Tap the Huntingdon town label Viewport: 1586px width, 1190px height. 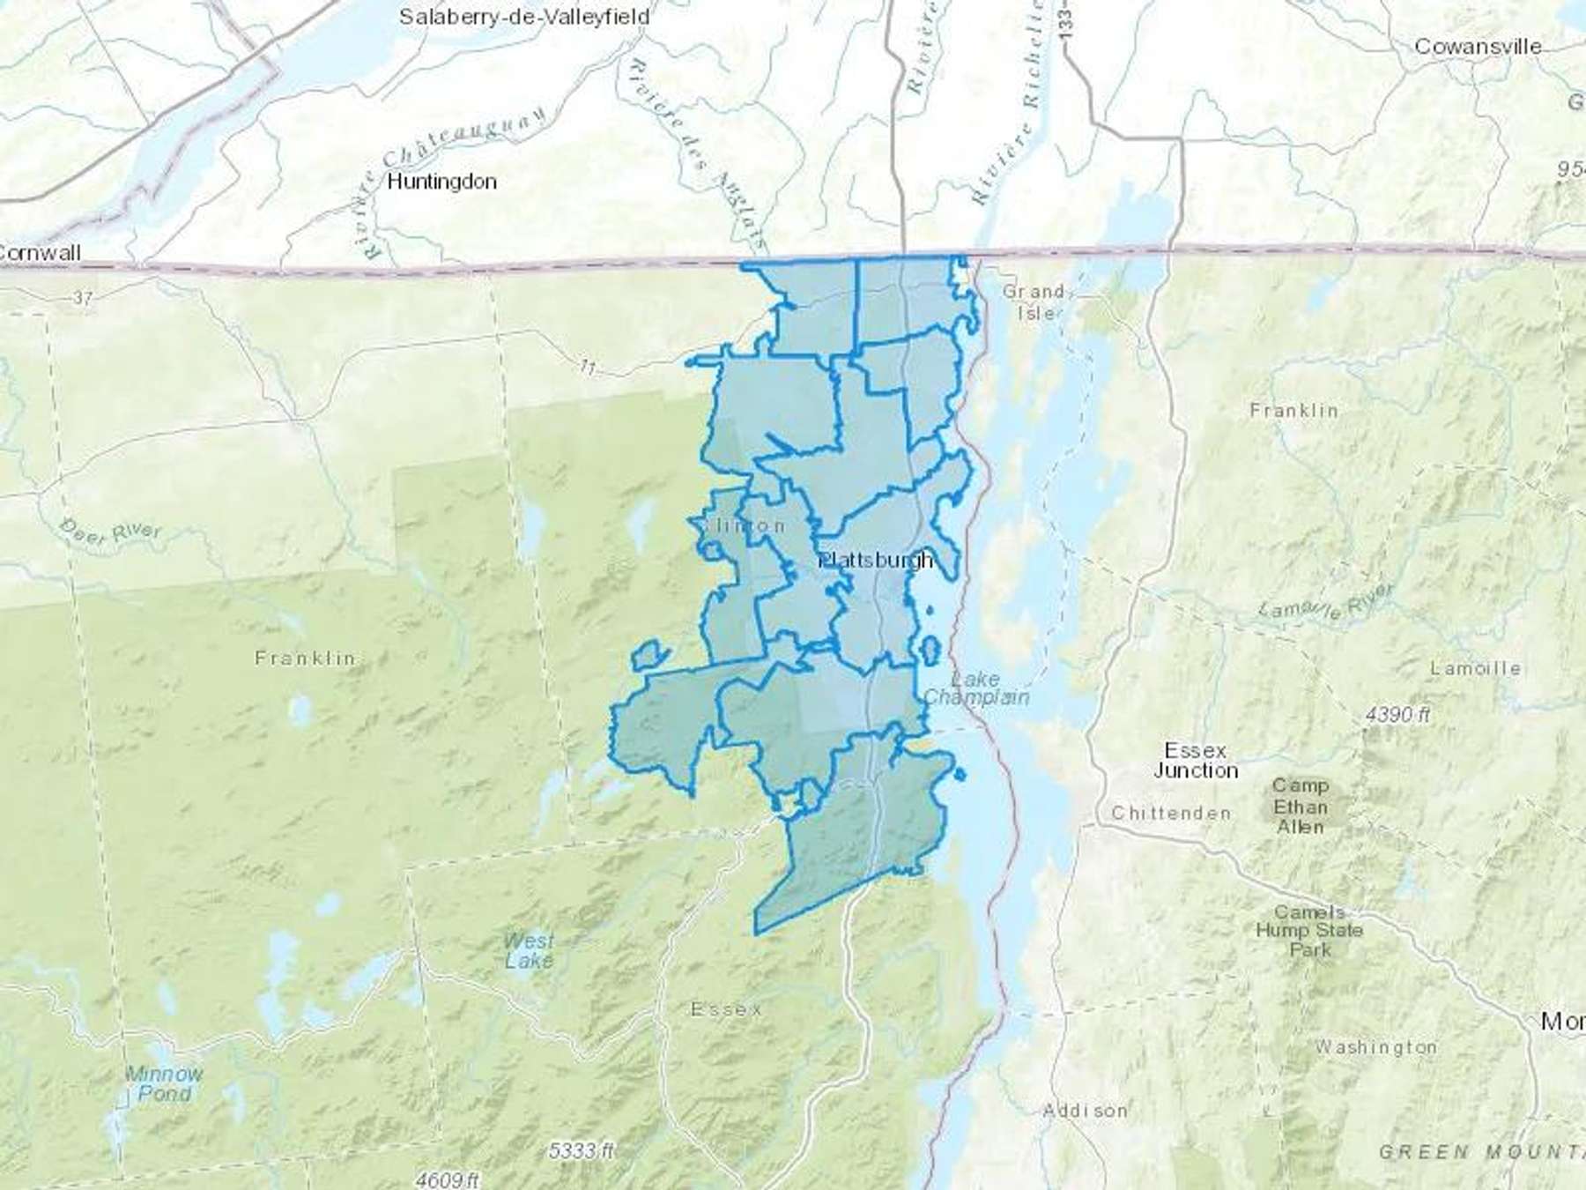[x=441, y=182]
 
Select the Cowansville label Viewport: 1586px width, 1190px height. [x=1477, y=47]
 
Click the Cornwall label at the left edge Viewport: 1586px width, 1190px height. [x=39, y=253]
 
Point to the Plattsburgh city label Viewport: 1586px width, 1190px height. [x=876, y=561]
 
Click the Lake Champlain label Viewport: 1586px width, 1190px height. [x=975, y=688]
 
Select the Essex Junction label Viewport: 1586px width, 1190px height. [x=1195, y=760]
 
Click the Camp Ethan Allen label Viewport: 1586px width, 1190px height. [x=1300, y=806]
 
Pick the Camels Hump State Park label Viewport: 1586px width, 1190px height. [x=1309, y=931]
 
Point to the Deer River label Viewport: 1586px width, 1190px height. [x=111, y=531]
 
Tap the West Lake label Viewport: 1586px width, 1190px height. [x=529, y=951]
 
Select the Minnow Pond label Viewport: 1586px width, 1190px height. [x=164, y=1083]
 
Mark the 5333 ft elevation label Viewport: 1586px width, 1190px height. [x=582, y=1150]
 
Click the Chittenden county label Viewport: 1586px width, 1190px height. [x=1170, y=813]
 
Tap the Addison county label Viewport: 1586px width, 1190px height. [x=1085, y=1111]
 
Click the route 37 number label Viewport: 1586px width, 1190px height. [x=82, y=298]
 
